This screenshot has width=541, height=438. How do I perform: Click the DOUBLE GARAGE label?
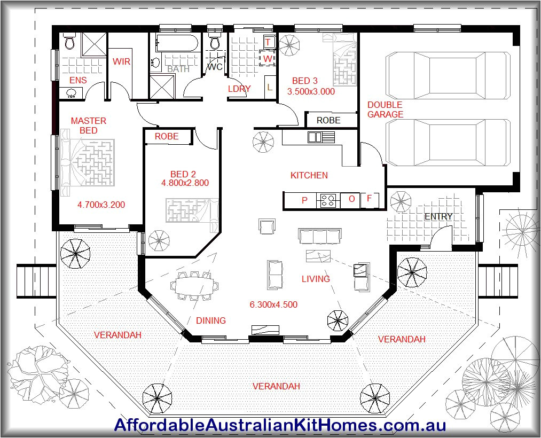385,109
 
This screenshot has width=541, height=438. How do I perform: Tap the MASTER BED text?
89,126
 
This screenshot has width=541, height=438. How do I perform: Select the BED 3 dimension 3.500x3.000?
311,91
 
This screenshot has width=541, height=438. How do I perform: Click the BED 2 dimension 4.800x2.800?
184,183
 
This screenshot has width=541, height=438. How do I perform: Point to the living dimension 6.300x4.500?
273,305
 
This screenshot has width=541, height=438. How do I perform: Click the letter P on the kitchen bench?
304,200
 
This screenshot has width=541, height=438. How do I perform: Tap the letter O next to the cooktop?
351,199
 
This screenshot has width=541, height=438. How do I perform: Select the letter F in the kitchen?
369,199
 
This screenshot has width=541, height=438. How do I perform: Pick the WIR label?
121,61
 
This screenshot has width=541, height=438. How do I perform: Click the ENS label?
78,81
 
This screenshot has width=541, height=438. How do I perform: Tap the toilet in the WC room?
215,42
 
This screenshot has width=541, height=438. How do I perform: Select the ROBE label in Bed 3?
328,121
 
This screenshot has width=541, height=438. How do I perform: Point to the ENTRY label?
438,216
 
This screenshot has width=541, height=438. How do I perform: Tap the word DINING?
210,320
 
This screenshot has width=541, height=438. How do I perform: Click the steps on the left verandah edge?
36,281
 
